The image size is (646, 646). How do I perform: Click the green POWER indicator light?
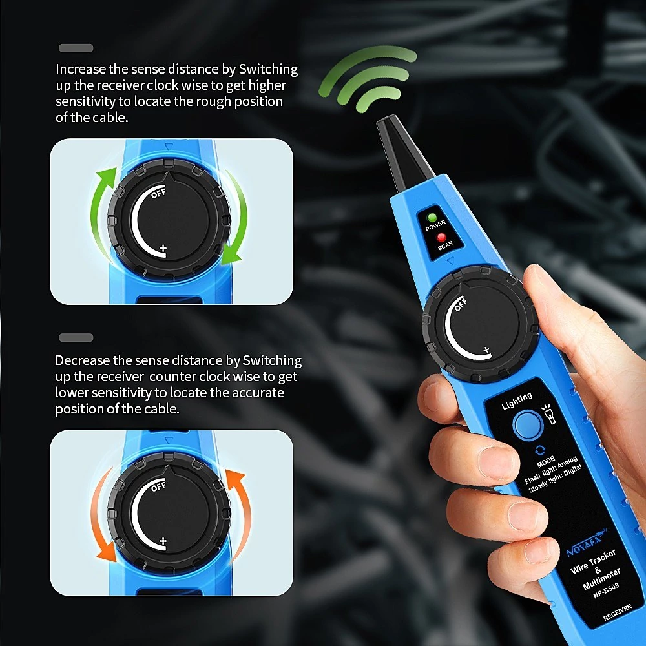(432, 218)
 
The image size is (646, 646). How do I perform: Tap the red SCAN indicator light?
(441, 237)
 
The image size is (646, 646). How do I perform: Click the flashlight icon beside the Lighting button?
(548, 413)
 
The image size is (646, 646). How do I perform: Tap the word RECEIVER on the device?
(617, 612)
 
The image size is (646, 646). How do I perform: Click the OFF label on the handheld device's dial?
(461, 304)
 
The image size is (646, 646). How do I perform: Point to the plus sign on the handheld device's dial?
(486, 350)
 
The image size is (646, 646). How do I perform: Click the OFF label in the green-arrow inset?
(158, 193)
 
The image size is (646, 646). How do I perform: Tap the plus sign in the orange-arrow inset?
(163, 541)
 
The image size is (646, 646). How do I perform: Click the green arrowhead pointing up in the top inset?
(107, 176)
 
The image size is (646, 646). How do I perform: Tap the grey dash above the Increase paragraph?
(76, 48)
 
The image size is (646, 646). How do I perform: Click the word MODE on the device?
(546, 463)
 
